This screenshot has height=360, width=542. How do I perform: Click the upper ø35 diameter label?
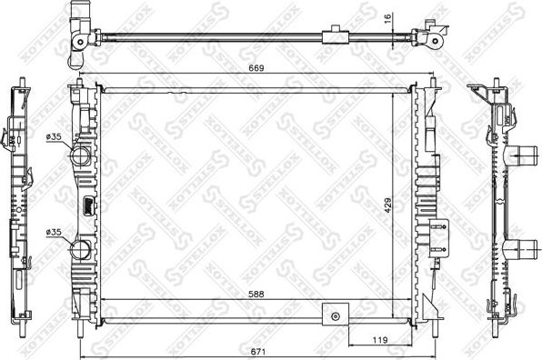point(54,136)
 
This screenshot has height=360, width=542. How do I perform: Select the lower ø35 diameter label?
point(54,232)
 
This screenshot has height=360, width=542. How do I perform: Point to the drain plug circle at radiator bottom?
point(336,315)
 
